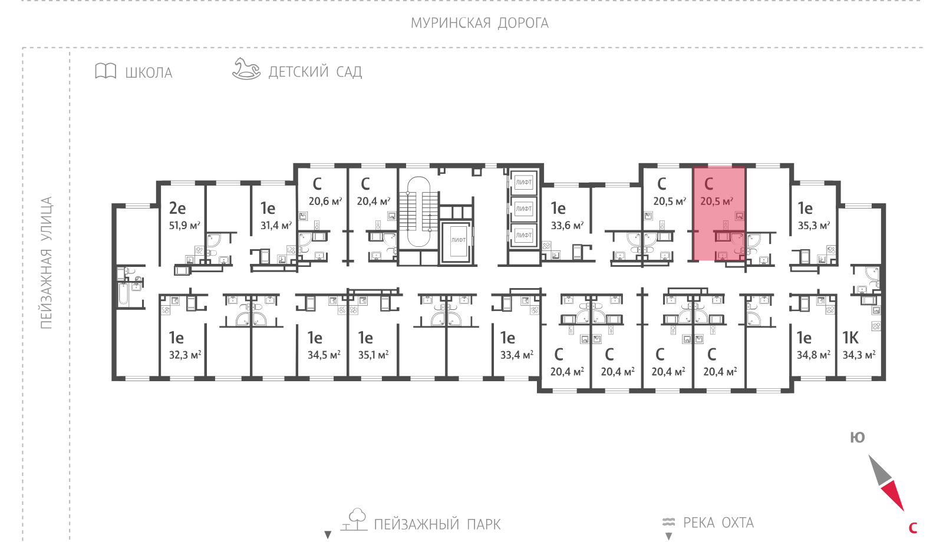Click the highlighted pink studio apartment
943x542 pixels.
[719, 214]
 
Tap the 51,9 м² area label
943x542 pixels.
[184, 226]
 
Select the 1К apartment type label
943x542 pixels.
[850, 338]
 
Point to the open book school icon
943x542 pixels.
[105, 71]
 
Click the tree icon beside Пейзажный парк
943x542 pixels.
[354, 520]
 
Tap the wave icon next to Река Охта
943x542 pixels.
[668, 522]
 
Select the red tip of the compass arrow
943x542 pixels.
[904, 510]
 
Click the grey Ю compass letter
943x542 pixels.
[857, 438]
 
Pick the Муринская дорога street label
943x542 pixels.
[480, 23]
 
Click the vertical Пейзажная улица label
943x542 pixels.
[46, 263]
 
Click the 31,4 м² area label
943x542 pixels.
[276, 226]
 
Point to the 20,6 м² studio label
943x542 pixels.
[325, 201]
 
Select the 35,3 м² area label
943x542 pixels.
[814, 226]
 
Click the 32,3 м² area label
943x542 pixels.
[185, 355]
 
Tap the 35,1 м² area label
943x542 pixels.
[374, 355]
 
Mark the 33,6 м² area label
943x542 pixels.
[567, 226]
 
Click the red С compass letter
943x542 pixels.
[913, 528]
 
